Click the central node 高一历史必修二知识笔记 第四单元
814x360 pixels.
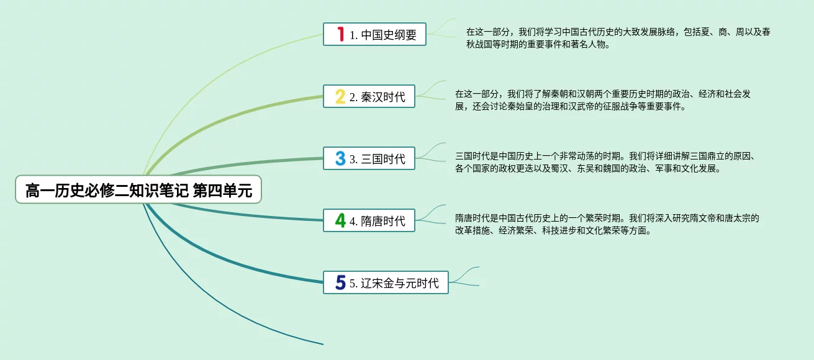point(138,190)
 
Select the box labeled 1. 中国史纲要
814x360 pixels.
point(374,34)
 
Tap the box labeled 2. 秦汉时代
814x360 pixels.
point(369,96)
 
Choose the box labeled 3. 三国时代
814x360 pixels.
point(369,158)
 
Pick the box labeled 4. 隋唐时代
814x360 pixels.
point(369,220)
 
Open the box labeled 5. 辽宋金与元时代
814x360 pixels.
point(386,282)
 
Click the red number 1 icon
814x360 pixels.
point(340,34)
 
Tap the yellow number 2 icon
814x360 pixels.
point(340,96)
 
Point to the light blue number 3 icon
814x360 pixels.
point(340,158)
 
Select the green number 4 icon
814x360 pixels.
point(340,220)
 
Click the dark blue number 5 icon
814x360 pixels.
point(340,282)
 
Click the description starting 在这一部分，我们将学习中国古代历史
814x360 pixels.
point(618,38)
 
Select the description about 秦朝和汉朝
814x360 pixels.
point(603,101)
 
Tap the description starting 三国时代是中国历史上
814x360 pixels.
point(605,163)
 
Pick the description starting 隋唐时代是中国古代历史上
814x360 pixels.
point(607,225)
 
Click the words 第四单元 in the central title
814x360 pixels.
point(222,191)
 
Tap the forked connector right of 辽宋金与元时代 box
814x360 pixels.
point(464,277)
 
